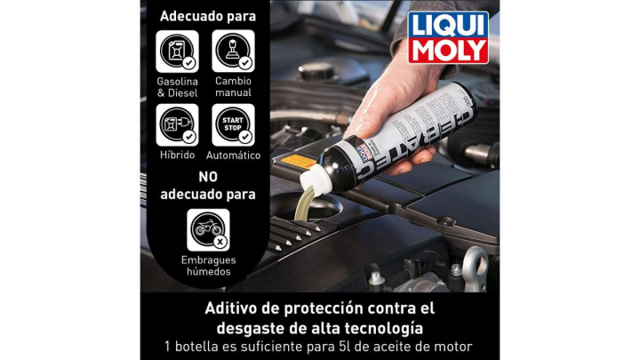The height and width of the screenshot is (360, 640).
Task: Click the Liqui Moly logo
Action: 448,37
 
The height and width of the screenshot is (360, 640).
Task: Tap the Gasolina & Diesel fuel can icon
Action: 177,51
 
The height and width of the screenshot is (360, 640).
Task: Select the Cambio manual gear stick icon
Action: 233,51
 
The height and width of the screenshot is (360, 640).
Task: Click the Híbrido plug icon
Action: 177,124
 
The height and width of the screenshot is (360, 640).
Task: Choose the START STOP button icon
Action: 233,124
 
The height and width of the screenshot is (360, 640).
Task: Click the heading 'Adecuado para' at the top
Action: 206,16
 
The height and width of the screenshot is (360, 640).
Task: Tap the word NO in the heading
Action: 207,176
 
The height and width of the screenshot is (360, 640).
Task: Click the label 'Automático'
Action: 233,155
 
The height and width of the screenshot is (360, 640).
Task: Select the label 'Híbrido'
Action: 177,155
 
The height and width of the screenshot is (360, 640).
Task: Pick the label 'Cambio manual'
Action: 233,86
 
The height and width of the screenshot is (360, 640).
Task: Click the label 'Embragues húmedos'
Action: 207,265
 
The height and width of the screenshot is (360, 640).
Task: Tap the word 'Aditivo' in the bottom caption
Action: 235,308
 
